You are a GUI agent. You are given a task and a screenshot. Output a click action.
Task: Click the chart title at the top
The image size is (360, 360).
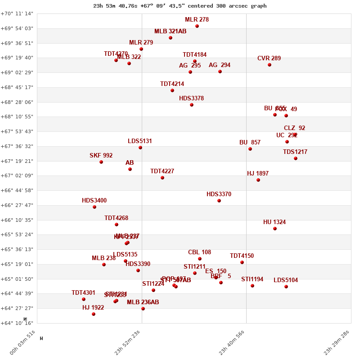click(x=180, y=6)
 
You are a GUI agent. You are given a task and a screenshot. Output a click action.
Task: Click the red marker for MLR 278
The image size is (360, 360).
click(x=197, y=26)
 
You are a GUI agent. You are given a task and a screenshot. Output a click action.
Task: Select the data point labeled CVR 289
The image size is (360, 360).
click(x=270, y=65)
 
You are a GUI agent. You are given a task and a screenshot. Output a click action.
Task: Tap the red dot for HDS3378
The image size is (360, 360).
click(x=192, y=105)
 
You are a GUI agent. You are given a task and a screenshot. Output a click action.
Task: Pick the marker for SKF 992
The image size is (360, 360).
click(x=101, y=162)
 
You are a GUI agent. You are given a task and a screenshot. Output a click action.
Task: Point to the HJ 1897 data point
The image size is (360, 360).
click(x=258, y=180)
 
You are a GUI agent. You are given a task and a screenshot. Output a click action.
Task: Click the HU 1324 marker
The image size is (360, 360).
click(x=275, y=229)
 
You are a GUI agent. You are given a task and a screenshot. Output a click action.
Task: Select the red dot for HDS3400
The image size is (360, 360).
click(x=94, y=207)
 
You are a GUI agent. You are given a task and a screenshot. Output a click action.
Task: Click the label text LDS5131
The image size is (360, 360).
click(x=140, y=141)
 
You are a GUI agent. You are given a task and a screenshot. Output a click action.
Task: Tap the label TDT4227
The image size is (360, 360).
click(x=162, y=171)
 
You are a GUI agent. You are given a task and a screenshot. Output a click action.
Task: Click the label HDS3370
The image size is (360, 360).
click(x=219, y=194)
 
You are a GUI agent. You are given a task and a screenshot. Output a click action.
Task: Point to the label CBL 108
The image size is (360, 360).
click(x=199, y=252)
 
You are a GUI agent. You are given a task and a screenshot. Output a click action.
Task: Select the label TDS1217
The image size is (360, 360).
click(x=295, y=152)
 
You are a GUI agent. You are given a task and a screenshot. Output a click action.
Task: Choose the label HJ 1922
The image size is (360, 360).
click(x=93, y=308)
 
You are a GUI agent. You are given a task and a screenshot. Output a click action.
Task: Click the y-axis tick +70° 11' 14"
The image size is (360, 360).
click(x=17, y=14)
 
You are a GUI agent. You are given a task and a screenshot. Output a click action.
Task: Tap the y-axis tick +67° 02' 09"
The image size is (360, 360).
click(x=17, y=175)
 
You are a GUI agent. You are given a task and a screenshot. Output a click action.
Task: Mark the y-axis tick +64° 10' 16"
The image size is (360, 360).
click(x=17, y=323)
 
